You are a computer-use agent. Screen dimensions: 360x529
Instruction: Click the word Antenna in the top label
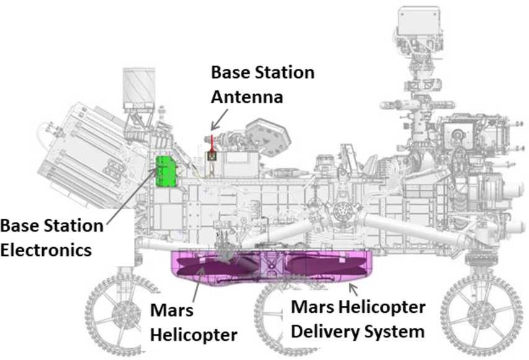[x=247, y=97]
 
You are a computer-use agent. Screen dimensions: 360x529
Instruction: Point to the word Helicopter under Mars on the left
[x=194, y=335]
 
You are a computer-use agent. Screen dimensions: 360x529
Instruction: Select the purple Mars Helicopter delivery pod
[x=273, y=268]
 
